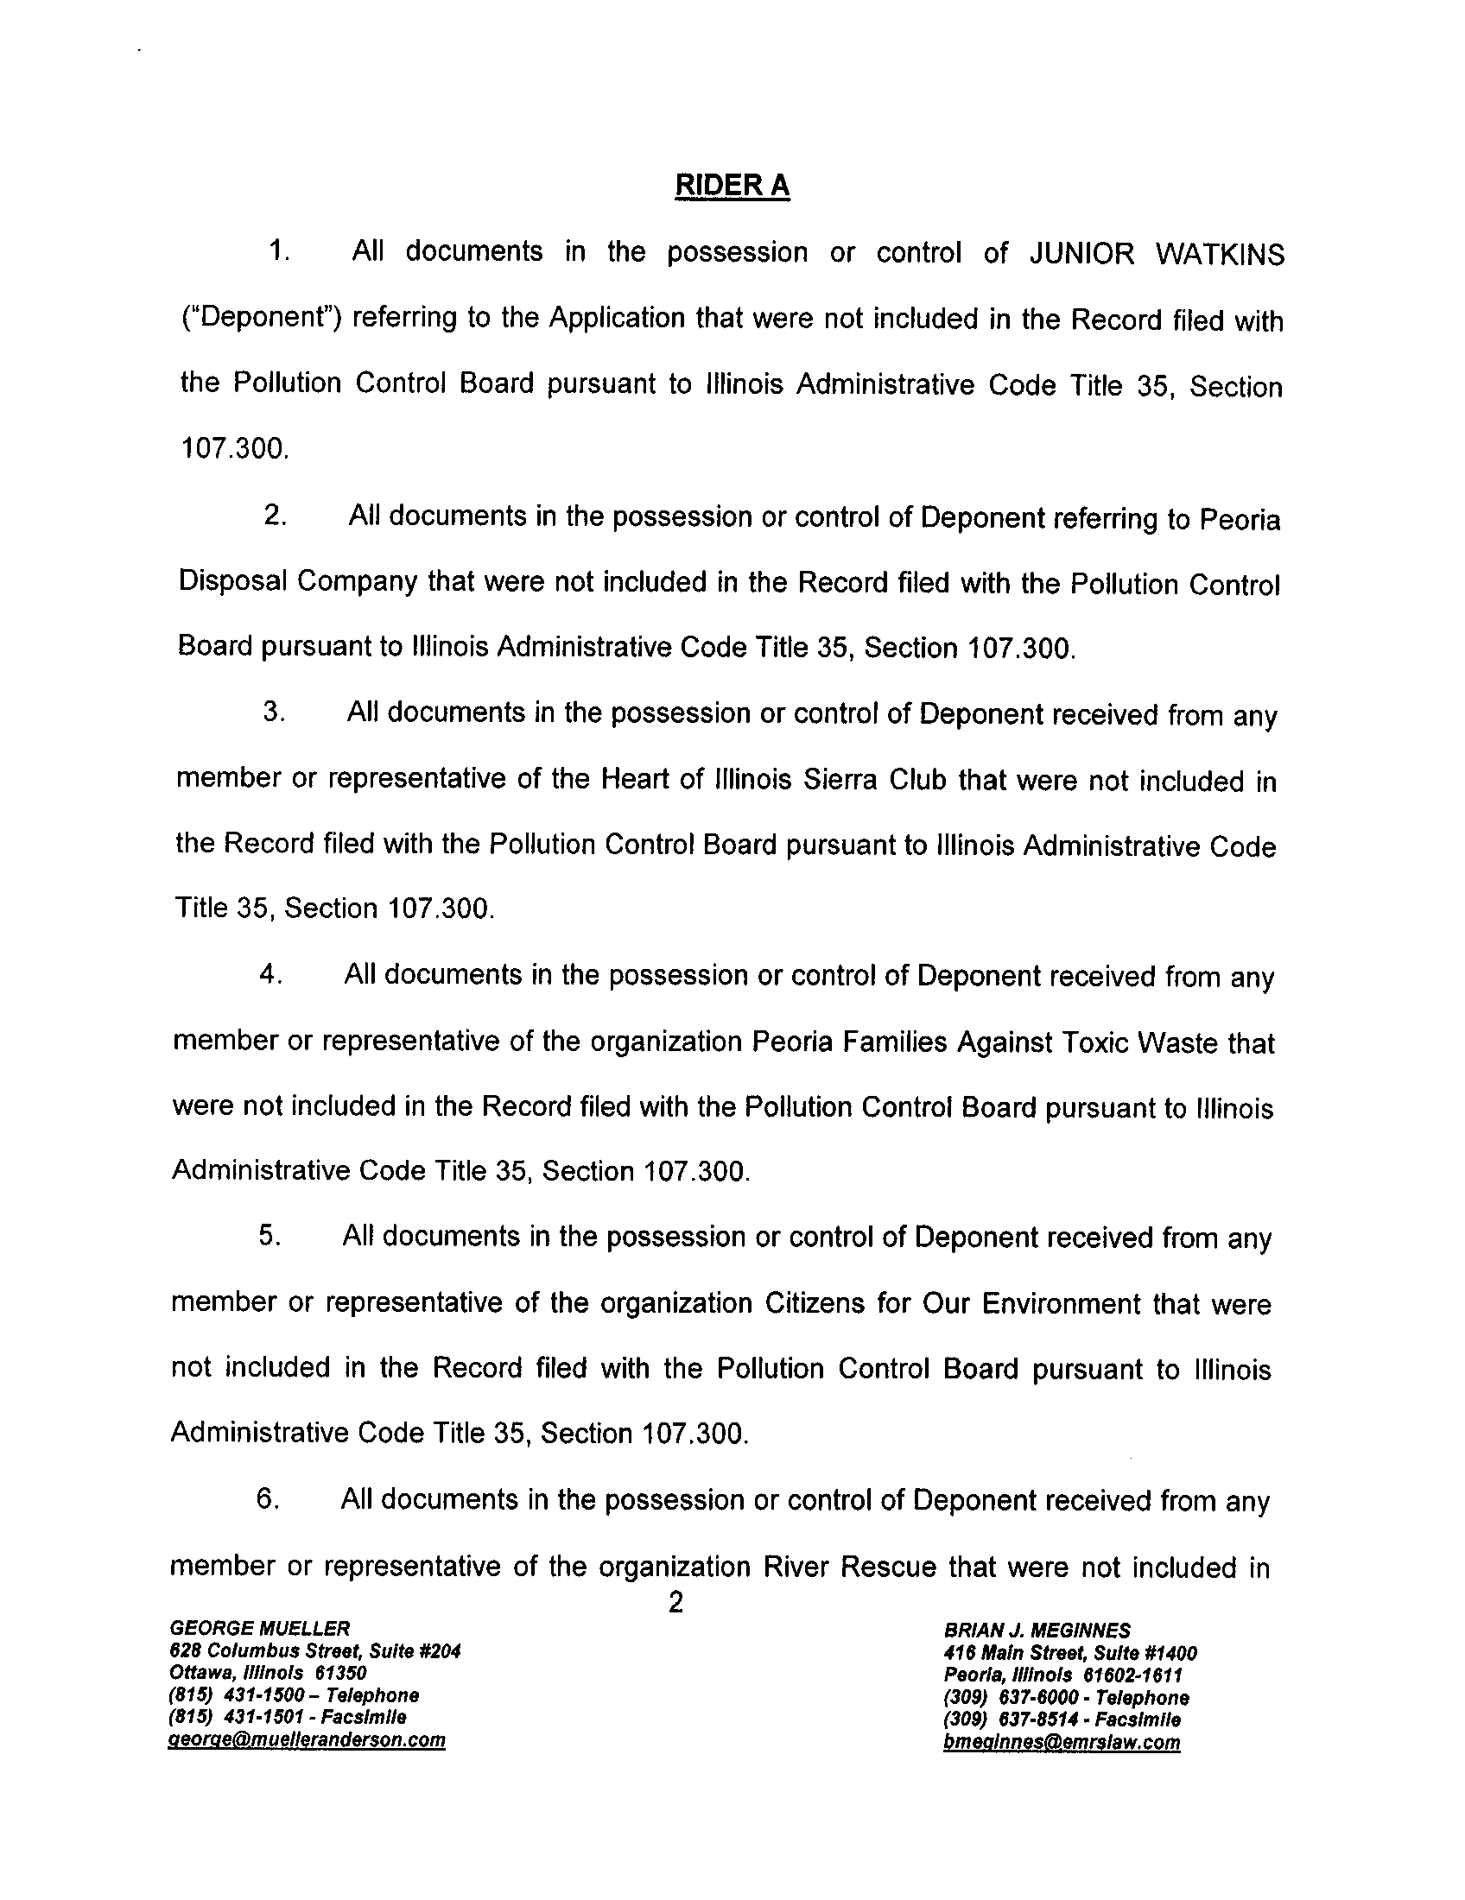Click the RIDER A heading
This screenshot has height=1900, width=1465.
[x=732, y=187]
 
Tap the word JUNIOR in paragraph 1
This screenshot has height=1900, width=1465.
[x=1081, y=254]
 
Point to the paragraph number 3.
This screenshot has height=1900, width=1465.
[x=273, y=712]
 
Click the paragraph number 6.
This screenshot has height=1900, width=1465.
[x=267, y=1499]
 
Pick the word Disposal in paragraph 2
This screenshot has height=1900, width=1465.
[x=231, y=580]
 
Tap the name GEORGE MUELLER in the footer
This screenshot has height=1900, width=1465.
[x=259, y=1628]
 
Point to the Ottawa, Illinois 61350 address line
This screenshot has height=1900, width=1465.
[x=268, y=1673]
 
